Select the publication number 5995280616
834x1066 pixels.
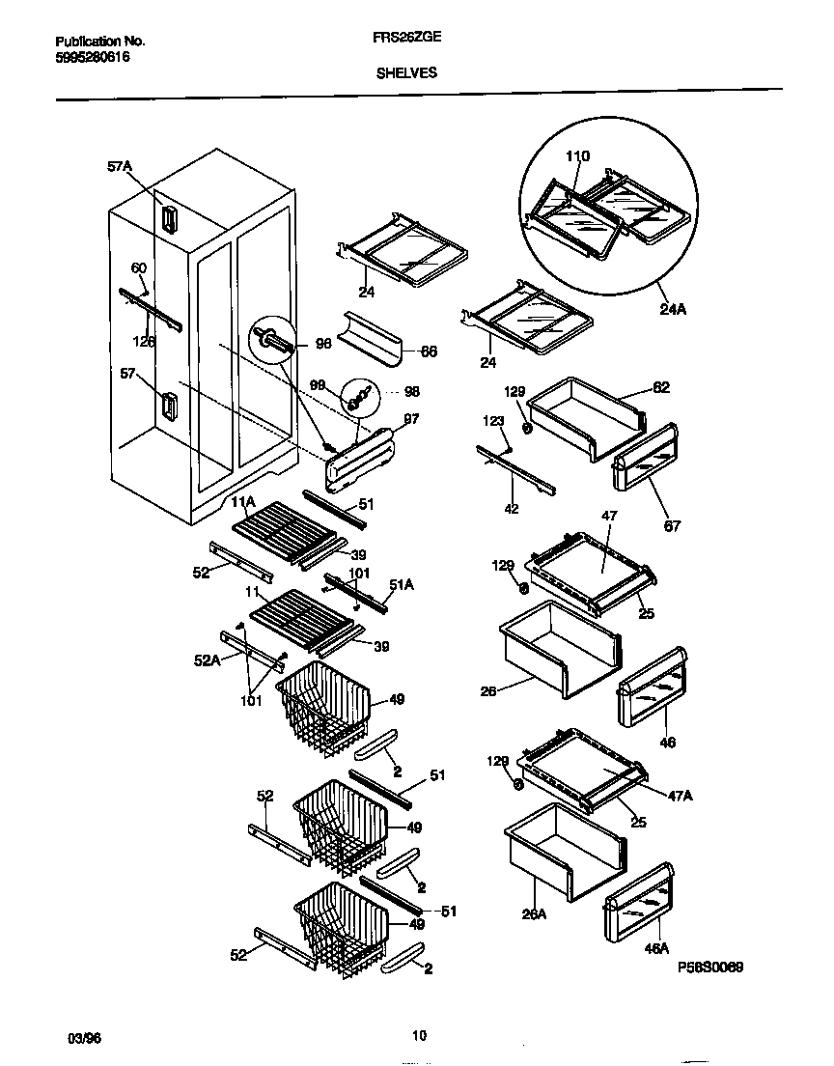(93, 57)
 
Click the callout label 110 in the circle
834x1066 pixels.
(576, 156)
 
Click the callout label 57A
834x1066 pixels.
(119, 167)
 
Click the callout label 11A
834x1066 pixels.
(241, 502)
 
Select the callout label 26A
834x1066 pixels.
(535, 912)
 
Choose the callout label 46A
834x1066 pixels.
(656, 949)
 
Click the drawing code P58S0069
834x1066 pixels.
(710, 967)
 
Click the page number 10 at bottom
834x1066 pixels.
(418, 1036)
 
